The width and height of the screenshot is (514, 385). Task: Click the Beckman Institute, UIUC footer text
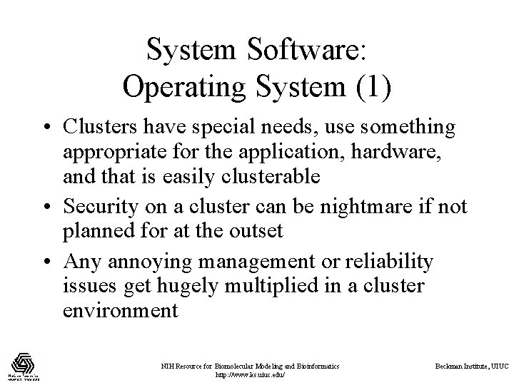click(x=472, y=366)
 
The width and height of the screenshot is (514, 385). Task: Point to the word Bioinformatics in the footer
click(x=313, y=366)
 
